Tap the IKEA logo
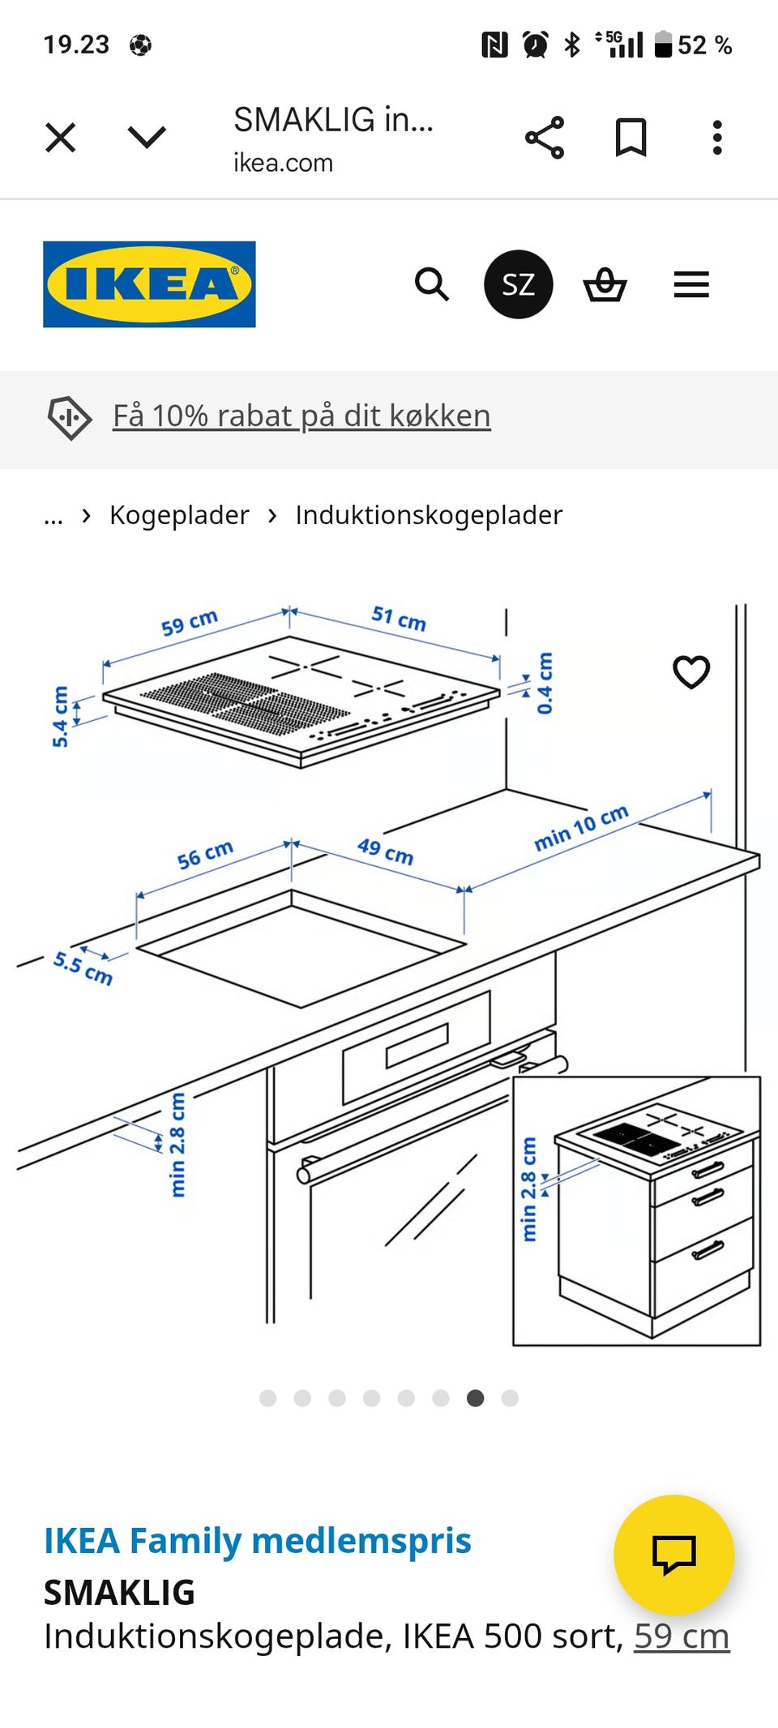coord(149,284)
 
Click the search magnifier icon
coord(431,284)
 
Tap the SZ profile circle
coord(518,284)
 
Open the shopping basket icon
coord(605,284)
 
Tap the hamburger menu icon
coord(691,284)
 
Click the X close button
coord(61,137)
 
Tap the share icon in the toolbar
coord(545,137)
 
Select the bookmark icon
coord(631,137)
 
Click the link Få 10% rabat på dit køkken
coord(301,416)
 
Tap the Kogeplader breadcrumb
coord(179,515)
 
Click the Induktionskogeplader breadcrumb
coord(429,515)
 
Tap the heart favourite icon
coord(691,672)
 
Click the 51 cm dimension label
coord(399,618)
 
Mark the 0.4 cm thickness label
coord(545,683)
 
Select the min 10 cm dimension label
coord(581,827)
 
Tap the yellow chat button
coord(674,1554)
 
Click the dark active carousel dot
coord(476,1397)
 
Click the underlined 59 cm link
coord(682,1636)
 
